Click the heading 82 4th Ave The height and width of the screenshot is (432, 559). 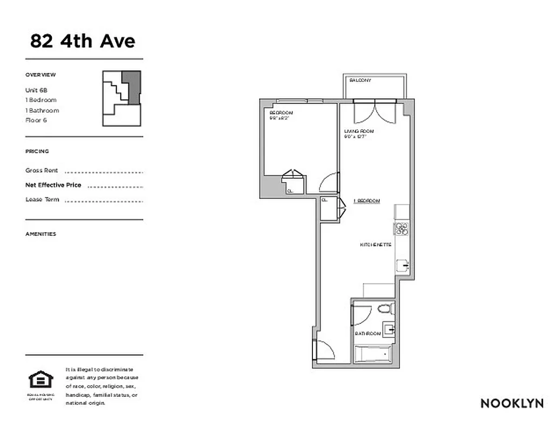83,41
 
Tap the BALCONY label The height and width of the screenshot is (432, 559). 360,80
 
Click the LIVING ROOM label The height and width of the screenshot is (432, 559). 359,131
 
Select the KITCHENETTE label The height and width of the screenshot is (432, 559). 376,245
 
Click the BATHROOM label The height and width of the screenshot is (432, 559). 367,334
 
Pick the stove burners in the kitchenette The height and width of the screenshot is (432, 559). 401,229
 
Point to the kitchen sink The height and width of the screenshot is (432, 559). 403,266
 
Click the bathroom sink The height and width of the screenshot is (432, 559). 390,328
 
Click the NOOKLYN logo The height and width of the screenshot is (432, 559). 512,403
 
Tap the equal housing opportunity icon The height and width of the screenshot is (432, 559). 38,380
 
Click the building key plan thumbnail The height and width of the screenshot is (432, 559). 122,98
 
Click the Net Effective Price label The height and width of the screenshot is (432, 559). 53,185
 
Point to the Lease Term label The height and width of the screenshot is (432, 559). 42,200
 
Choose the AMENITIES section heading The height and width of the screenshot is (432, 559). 40,234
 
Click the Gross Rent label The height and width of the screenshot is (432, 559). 42,171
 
